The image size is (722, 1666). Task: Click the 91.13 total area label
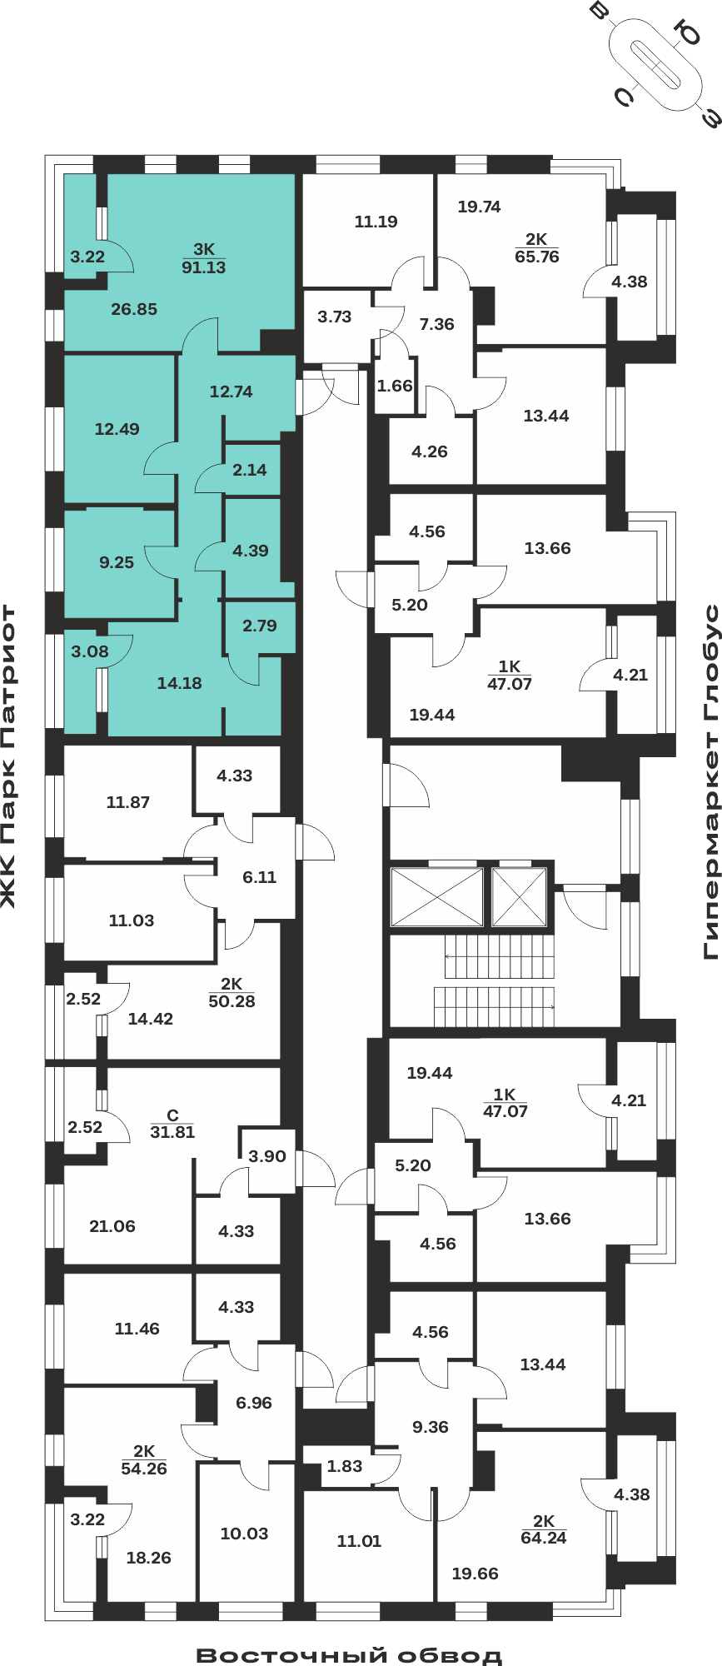(x=204, y=267)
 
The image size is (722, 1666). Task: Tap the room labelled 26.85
(x=134, y=309)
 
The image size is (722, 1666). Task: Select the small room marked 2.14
(x=250, y=470)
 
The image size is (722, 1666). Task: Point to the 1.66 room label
(x=395, y=386)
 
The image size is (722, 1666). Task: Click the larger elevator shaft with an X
(x=437, y=897)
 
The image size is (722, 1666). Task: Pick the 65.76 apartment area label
(x=537, y=257)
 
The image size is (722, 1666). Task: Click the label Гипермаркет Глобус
(x=710, y=782)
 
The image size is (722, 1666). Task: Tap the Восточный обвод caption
(x=350, y=1654)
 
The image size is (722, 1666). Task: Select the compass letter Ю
(x=690, y=34)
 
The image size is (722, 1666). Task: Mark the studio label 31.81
(x=172, y=1132)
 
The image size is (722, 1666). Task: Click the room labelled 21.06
(x=112, y=1226)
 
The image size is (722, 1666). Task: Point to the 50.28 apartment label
(x=232, y=1001)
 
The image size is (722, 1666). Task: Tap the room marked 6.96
(x=254, y=1403)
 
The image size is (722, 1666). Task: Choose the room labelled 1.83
(x=345, y=1466)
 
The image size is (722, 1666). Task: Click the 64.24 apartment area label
(x=544, y=1538)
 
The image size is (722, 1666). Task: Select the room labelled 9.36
(x=431, y=1427)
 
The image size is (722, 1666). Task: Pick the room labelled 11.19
(x=376, y=222)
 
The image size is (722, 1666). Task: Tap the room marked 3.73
(x=335, y=317)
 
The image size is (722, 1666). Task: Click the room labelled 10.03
(x=244, y=1534)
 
